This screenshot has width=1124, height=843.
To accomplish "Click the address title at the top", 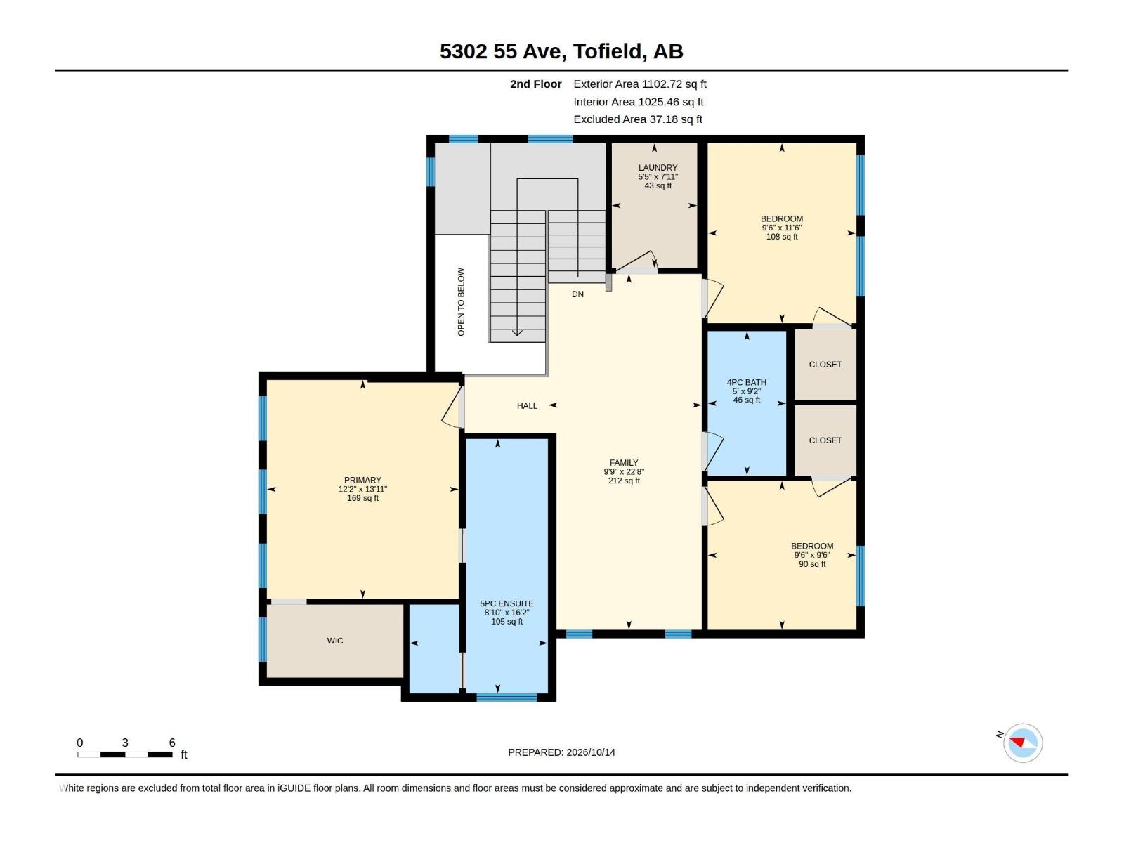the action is (561, 51).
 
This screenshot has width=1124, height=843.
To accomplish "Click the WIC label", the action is (335, 641).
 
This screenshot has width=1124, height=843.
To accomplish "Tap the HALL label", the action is (527, 406).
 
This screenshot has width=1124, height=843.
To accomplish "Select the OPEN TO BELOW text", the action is (461, 302).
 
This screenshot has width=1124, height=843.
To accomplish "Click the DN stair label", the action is (577, 294).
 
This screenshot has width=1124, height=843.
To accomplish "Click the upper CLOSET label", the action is (825, 365).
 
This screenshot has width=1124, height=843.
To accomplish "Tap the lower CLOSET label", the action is (825, 440).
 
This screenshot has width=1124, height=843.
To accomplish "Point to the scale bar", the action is (125, 754).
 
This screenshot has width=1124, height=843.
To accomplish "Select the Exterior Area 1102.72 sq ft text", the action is (640, 84).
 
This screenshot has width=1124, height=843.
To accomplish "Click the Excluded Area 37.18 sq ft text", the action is (638, 119).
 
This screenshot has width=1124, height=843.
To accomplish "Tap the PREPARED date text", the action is (562, 752).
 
